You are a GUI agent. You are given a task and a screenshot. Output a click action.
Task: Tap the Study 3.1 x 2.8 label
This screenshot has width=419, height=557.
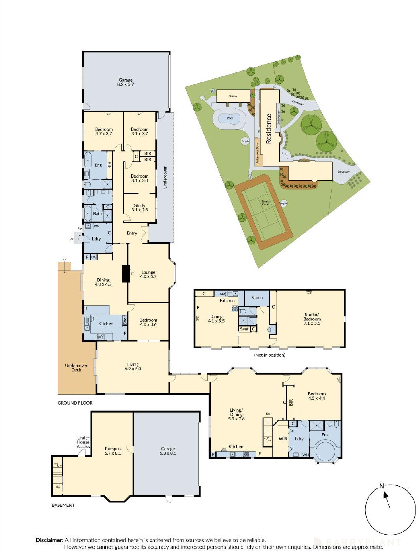pyautogui.click(x=139, y=208)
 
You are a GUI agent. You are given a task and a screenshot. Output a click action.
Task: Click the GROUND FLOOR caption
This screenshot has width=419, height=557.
pyautogui.click(x=75, y=403)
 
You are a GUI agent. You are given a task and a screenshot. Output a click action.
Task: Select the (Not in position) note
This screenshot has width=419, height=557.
pyautogui.click(x=269, y=355)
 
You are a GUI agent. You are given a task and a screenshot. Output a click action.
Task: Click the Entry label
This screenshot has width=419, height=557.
pyautogui.click(x=132, y=233)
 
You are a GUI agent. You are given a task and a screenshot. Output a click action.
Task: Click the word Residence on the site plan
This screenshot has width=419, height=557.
pyautogui.click(x=268, y=129)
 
